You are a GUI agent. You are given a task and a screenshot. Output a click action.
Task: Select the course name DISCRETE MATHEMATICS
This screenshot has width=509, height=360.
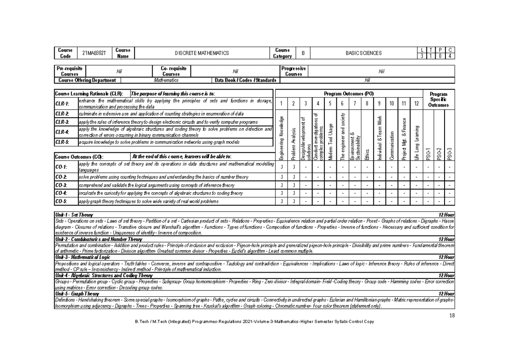pyautogui.click(x=202, y=53)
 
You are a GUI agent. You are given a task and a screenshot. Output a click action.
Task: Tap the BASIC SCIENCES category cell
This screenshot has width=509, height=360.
pyautogui.click(x=364, y=53)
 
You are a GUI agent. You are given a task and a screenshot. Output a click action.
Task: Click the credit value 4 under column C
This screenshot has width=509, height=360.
pyautogui.click(x=450, y=56)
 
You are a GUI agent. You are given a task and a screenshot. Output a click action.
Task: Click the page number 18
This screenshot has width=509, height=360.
pyautogui.click(x=451, y=315)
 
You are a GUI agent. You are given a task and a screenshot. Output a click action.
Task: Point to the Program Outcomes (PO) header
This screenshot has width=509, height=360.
pyautogui.click(x=349, y=93)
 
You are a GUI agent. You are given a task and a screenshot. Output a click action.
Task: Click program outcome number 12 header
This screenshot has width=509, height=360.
pyautogui.click(x=417, y=104)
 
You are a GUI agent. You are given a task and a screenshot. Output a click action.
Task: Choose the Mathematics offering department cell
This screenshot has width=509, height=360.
pyautogui.click(x=166, y=80)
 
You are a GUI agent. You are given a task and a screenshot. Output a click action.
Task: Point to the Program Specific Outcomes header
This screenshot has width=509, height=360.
pyautogui.click(x=438, y=99)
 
